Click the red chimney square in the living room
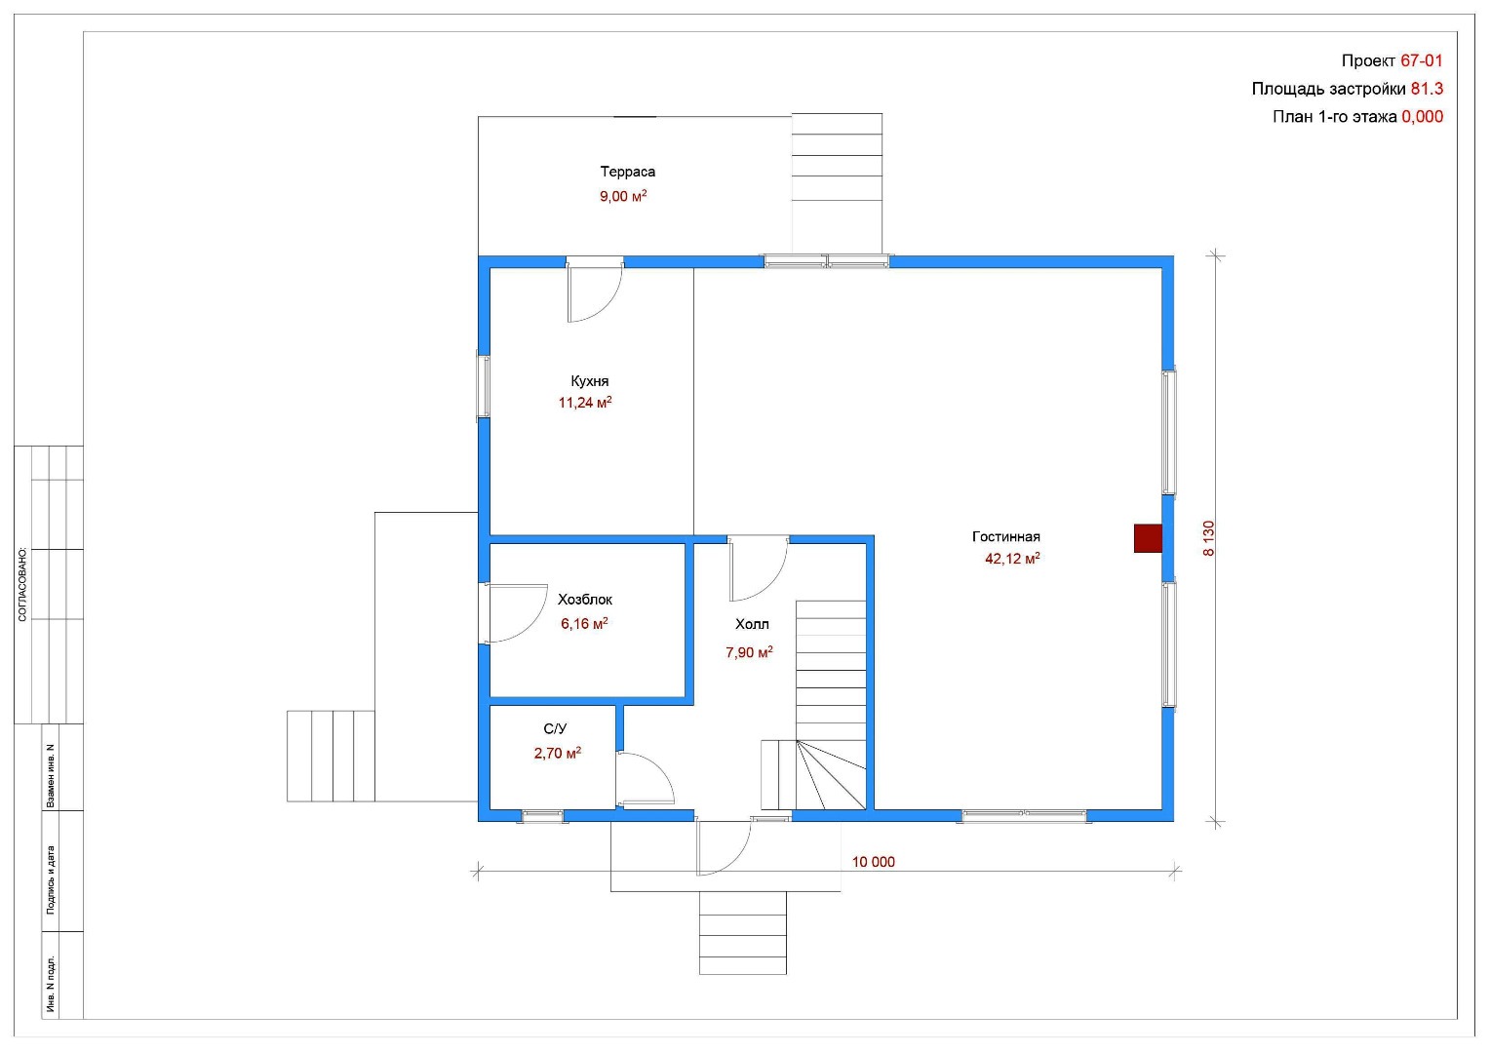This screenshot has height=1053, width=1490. click(x=1148, y=538)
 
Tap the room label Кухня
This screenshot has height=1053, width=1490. click(x=589, y=381)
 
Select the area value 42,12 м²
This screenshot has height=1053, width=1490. click(x=1012, y=558)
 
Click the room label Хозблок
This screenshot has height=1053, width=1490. click(x=585, y=600)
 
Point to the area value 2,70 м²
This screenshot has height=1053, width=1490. click(x=558, y=753)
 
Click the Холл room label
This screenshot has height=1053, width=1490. click(x=752, y=624)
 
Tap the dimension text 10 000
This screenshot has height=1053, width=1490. click(x=874, y=862)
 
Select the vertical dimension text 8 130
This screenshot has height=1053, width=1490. click(x=1208, y=538)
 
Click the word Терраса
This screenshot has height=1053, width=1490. click(x=627, y=172)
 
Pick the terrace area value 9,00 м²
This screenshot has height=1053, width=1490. click(x=623, y=196)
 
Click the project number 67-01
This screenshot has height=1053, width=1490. click(x=1422, y=60)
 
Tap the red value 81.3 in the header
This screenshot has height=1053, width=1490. click(x=1427, y=89)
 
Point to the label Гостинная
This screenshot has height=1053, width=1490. click(x=1005, y=536)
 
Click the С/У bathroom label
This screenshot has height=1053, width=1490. click(x=555, y=729)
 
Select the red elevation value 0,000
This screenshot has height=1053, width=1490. click(x=1422, y=117)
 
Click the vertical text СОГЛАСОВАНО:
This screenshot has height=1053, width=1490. click(x=22, y=585)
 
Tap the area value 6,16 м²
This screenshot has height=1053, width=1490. click(x=584, y=623)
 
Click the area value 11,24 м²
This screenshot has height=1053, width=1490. click(x=585, y=403)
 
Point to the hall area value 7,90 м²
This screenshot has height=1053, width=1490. click(x=749, y=652)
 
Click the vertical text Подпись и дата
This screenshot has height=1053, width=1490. click(x=51, y=879)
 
